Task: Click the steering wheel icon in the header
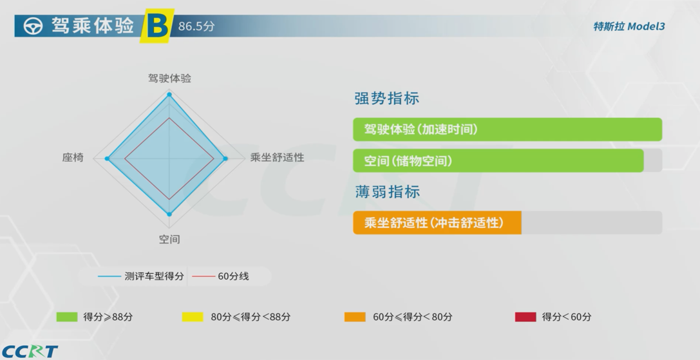33,26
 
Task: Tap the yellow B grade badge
156,26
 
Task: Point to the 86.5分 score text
196,26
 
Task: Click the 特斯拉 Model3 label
629,26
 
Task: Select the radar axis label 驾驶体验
169,78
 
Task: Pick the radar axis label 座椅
73,157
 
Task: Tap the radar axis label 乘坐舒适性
278,157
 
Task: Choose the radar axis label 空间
169,240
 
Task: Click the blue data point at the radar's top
169,94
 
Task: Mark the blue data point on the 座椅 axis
107,158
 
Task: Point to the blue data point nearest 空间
169,214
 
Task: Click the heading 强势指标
386,99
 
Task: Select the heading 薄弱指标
387,192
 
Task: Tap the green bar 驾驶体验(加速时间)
507,129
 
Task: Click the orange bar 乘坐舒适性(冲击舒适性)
437,222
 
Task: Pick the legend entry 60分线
220,276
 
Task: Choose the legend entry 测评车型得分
141,276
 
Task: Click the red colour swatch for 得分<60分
525,317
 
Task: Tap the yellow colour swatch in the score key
193,317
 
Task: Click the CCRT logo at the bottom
30,351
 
